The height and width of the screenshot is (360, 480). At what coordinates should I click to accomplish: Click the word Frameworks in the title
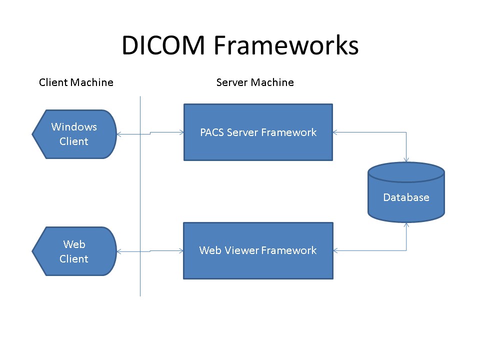(286, 45)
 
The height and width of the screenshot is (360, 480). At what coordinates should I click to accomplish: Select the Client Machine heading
(76, 82)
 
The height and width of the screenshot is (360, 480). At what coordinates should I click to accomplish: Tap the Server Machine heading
(255, 82)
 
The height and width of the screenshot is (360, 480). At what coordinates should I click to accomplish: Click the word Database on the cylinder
(406, 197)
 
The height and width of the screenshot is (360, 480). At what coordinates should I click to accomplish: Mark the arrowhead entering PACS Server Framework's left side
(181, 132)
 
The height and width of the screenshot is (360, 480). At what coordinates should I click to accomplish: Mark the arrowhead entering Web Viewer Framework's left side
(181, 250)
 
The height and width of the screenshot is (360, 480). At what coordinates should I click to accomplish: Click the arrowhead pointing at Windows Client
(119, 134)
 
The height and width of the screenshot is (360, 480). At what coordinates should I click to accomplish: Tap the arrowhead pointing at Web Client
(119, 251)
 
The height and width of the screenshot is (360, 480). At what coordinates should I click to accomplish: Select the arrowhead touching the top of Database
(406, 159)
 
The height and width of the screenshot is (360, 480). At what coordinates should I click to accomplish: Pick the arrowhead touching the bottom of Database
(406, 225)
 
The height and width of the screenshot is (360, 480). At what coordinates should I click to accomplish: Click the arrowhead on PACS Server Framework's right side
(335, 132)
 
